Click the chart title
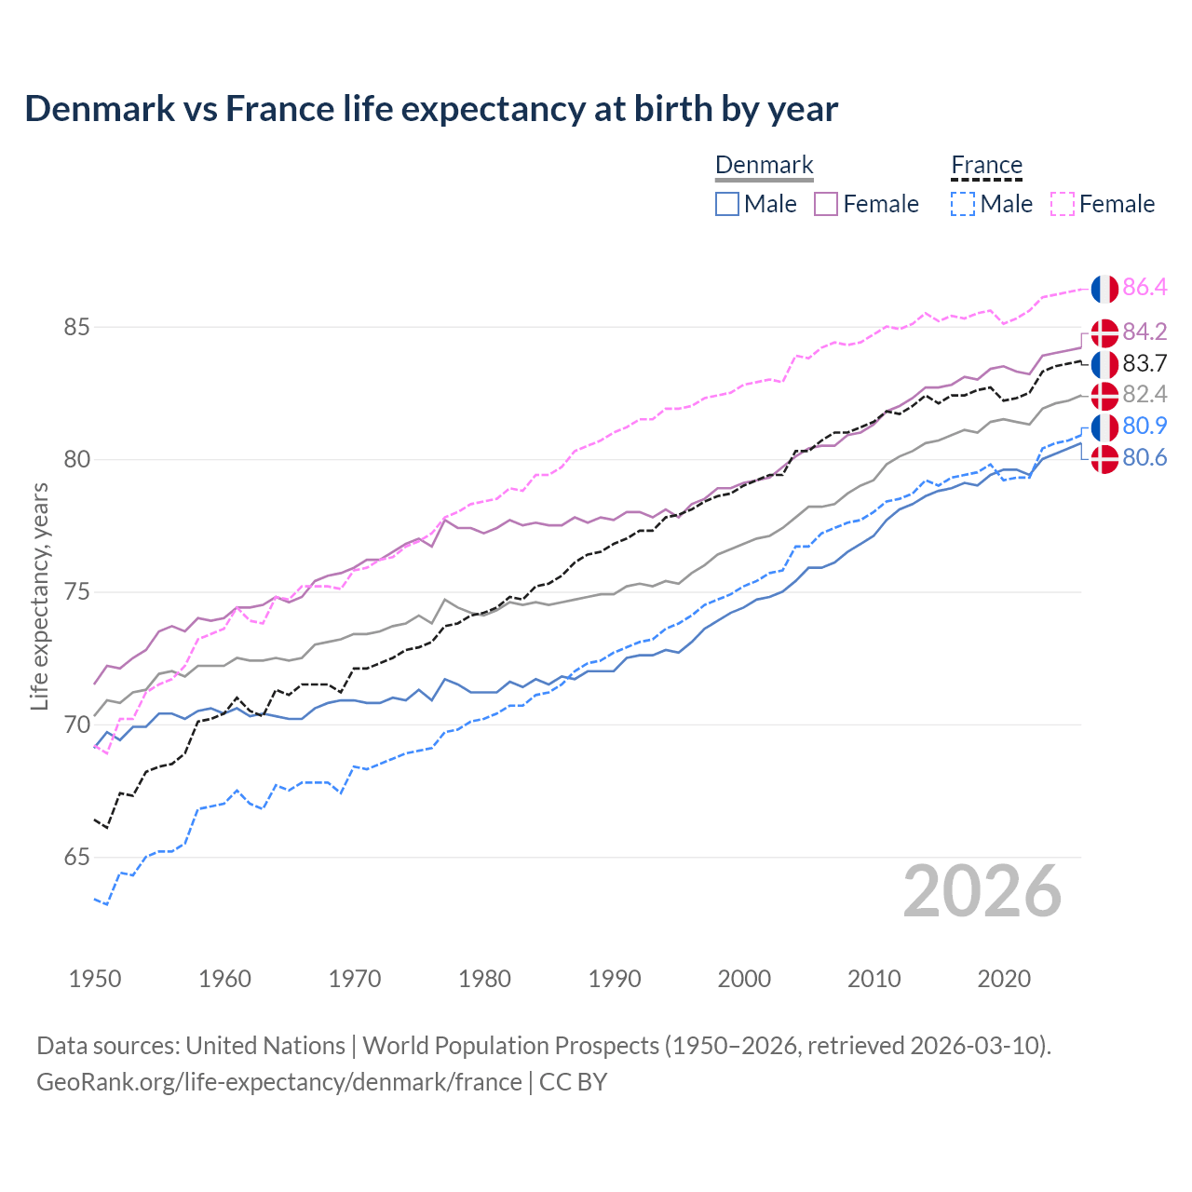431,109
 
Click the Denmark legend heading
764,166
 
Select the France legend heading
986,166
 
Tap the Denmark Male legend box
727,204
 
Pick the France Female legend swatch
1063,204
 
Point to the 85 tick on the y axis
76,328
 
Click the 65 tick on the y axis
76,858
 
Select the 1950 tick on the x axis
95,979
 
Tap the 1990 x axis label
615,979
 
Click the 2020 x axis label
1004,979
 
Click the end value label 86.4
1145,288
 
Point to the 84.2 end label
1145,332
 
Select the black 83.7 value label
1145,363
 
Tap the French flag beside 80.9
1104,427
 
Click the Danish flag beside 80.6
1104,459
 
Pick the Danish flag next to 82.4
1104,396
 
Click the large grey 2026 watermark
982,892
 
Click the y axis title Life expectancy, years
40,596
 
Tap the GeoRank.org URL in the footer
279,1082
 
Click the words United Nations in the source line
265,1046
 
